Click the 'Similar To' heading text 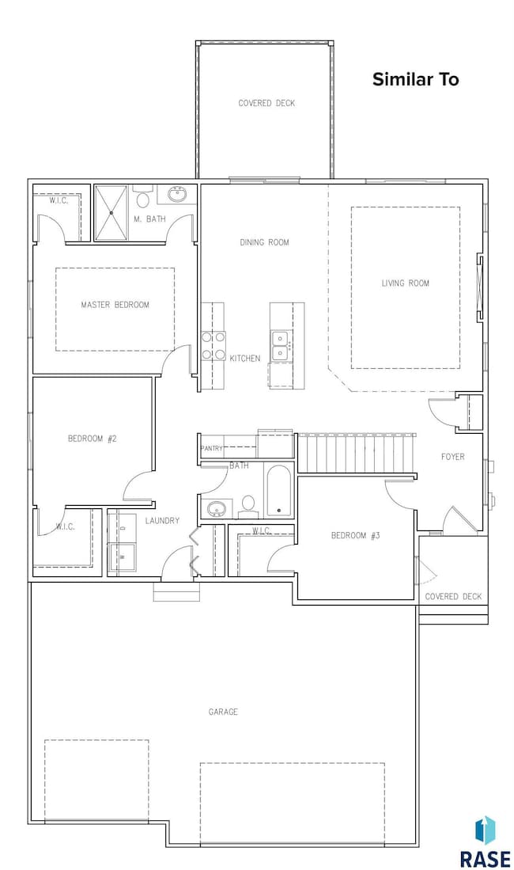click(415, 79)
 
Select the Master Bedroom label click(115, 305)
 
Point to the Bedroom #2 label click(92, 439)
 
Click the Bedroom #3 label click(355, 535)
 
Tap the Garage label click(223, 712)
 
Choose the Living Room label click(406, 283)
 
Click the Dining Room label click(264, 242)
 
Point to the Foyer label click(452, 457)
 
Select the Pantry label click(211, 448)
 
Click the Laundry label click(162, 520)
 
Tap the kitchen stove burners click(214, 346)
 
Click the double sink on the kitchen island click(279, 345)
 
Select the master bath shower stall click(111, 213)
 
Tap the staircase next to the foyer click(357, 453)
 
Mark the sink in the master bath click(177, 195)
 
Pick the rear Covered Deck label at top click(266, 103)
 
